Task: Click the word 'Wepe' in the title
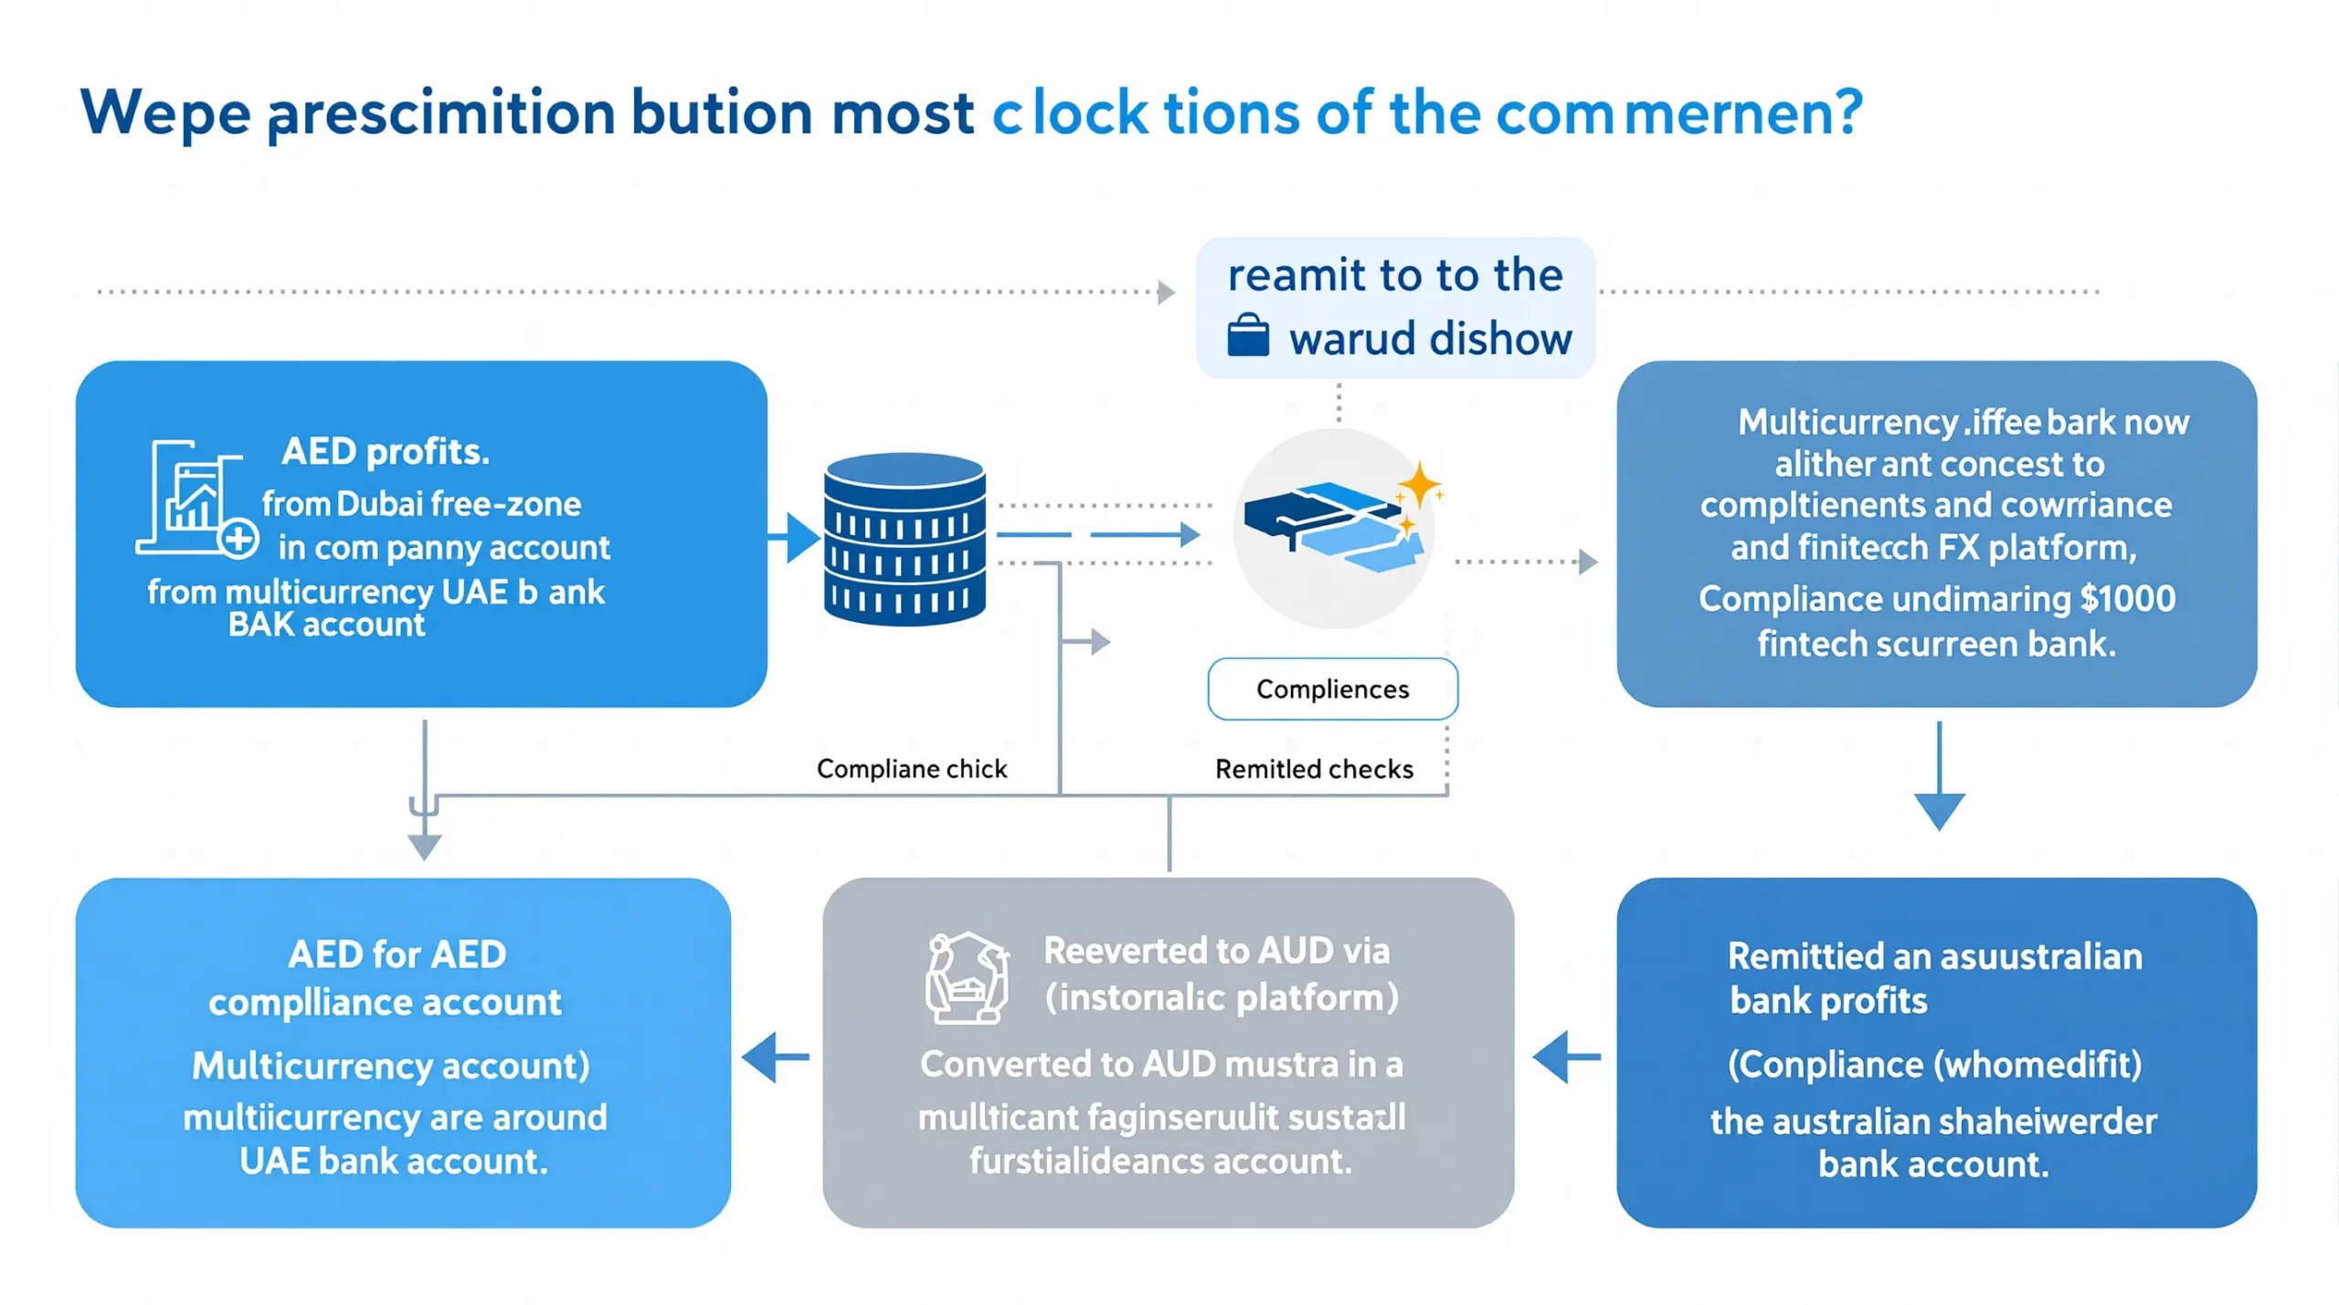coord(165,114)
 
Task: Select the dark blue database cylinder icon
coord(905,540)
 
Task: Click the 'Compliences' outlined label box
coord(1332,689)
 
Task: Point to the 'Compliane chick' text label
coord(911,769)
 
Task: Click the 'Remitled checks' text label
coord(1313,769)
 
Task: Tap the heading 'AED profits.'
coord(385,451)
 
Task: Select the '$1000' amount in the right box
coord(2128,598)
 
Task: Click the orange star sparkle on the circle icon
coord(1419,484)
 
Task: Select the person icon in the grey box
coord(967,977)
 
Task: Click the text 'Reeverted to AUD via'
coord(1216,951)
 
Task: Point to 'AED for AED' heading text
coord(397,954)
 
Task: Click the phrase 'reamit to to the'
coord(1394,275)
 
